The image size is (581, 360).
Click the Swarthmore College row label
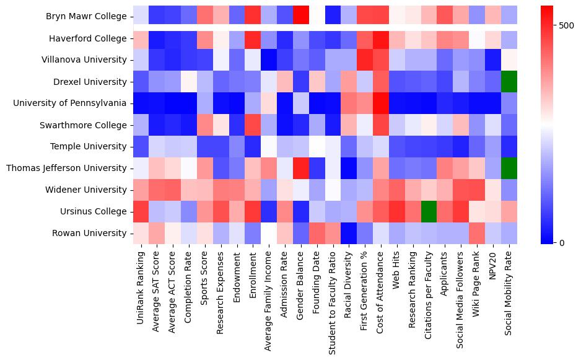[84, 125]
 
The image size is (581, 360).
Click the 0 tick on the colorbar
[562, 242]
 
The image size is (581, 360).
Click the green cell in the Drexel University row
[509, 82]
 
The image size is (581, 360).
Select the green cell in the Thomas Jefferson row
[509, 169]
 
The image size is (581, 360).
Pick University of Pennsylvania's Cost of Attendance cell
[382, 103]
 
